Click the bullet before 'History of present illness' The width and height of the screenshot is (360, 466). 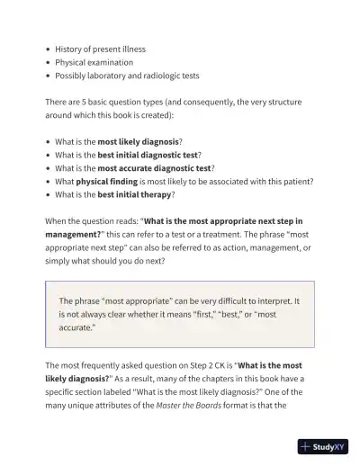pos(47,49)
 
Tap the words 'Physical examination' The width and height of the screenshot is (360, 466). pos(94,63)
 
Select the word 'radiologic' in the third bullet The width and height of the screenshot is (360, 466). pos(159,76)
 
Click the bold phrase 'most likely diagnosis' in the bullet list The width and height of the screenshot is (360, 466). pos(138,141)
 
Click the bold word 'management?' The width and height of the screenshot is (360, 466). pos(75,233)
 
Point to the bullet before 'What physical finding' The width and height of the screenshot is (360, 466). pos(47,181)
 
